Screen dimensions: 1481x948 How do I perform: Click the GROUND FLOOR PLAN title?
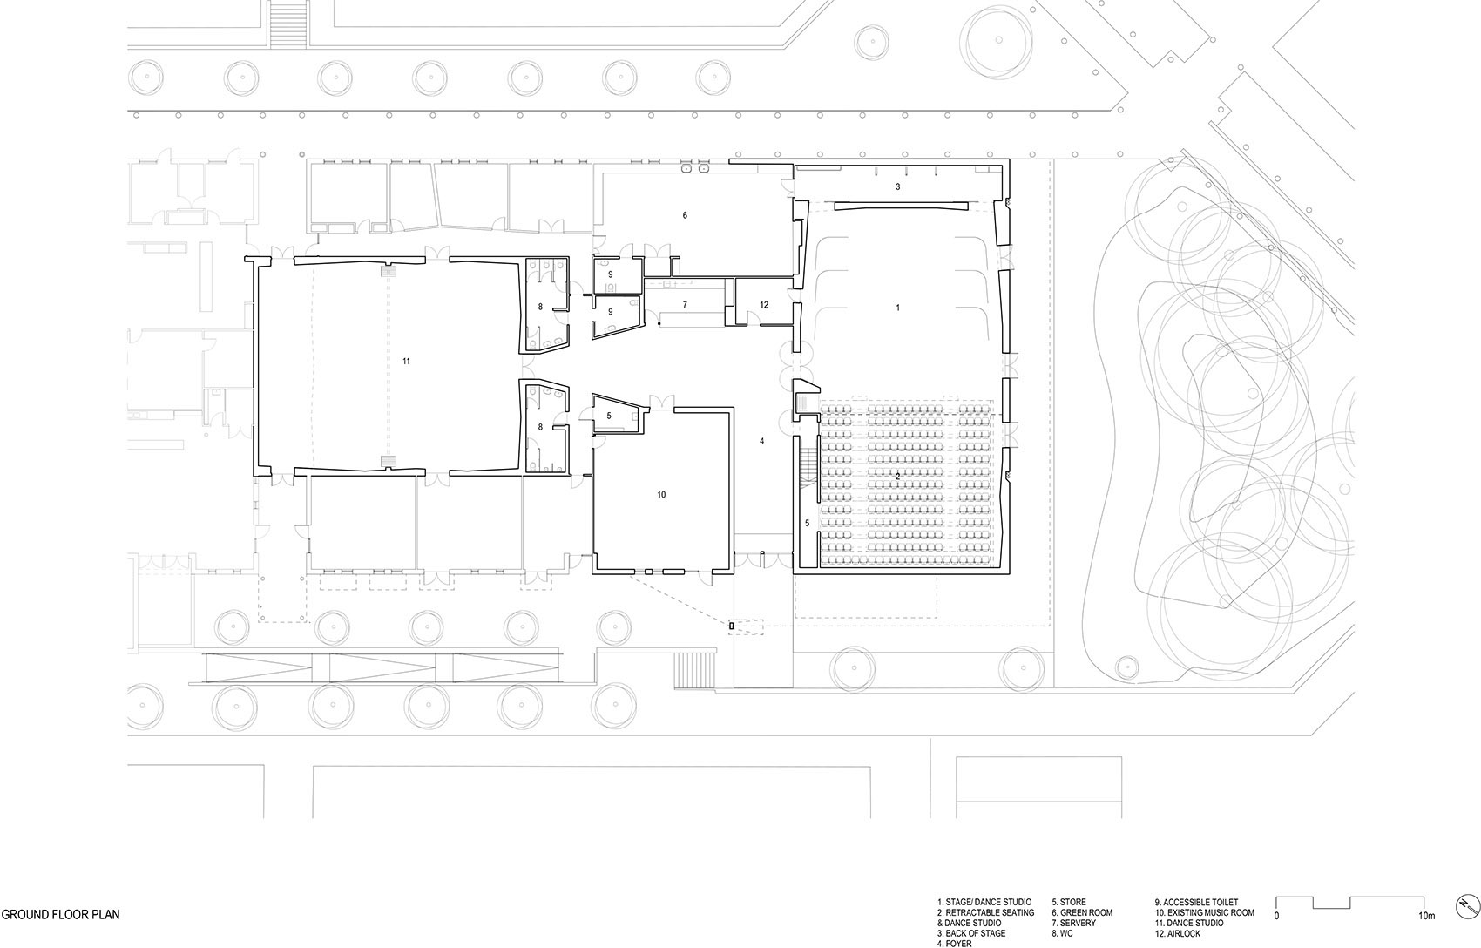point(60,915)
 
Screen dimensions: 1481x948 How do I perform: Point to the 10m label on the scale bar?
point(1427,917)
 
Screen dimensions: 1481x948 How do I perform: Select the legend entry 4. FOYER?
point(955,944)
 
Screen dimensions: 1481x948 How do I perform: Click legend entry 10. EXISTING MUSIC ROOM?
point(1204,913)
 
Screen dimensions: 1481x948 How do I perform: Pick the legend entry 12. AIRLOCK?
point(1178,933)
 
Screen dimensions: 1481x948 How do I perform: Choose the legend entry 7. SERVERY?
point(1073,923)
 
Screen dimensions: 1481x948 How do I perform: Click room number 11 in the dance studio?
point(407,361)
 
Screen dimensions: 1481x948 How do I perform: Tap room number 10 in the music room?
point(661,495)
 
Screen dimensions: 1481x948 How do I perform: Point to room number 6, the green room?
point(685,215)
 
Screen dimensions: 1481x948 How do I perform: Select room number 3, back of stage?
point(898,187)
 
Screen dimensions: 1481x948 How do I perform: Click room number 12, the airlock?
point(764,305)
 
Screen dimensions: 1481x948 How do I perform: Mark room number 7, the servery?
point(685,305)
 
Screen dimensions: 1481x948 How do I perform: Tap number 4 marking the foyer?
point(761,441)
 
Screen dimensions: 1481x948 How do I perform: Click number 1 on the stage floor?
point(898,308)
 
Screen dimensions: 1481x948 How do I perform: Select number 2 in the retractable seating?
point(898,476)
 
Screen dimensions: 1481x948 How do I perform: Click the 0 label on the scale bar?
point(1276,917)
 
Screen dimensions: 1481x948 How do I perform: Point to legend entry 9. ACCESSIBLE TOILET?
point(1197,903)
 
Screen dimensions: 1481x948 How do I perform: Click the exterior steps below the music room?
point(695,670)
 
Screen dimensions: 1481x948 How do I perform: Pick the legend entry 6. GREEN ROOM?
point(1082,913)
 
